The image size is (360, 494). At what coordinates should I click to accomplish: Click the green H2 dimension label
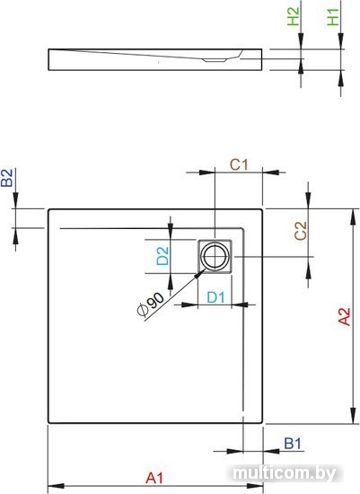pyautogui.click(x=294, y=16)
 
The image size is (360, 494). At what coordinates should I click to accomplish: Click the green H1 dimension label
pyautogui.click(x=333, y=17)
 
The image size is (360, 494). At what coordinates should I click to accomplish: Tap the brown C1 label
pyautogui.click(x=239, y=164)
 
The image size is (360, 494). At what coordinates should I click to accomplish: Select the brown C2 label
pyautogui.click(x=301, y=231)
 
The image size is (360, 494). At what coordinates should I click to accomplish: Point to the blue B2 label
pyautogui.click(x=7, y=178)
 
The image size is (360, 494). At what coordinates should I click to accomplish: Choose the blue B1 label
pyautogui.click(x=293, y=444)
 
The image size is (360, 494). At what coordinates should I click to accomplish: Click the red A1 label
pyautogui.click(x=154, y=478)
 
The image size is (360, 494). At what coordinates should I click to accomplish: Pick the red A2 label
pyautogui.click(x=344, y=316)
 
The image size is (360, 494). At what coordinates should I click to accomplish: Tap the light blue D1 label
pyautogui.click(x=216, y=297)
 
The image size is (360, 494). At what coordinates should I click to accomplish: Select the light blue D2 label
pyautogui.click(x=162, y=256)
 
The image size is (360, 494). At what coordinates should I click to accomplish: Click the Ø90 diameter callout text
pyautogui.click(x=151, y=304)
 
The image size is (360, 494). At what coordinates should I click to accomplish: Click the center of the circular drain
pyautogui.click(x=215, y=256)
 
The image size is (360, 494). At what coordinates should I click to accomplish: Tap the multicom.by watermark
pyautogui.click(x=285, y=473)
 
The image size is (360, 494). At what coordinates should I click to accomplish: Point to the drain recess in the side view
pyautogui.click(x=215, y=60)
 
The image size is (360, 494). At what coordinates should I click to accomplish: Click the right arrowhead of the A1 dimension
pyautogui.click(x=255, y=486)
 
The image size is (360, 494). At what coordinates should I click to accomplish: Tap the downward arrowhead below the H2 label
pyautogui.click(x=301, y=41)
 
